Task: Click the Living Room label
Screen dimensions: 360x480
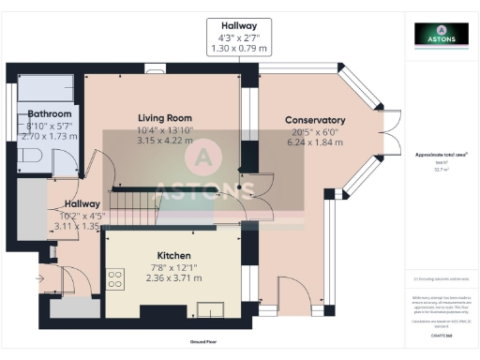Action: click(x=157, y=117)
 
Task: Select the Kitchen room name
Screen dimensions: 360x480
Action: click(x=174, y=255)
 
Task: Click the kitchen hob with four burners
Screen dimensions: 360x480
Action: click(x=117, y=278)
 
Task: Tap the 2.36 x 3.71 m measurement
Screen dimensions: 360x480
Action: click(x=174, y=277)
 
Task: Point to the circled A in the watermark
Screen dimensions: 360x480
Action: click(x=204, y=156)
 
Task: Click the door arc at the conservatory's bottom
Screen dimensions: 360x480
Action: click(x=293, y=292)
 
